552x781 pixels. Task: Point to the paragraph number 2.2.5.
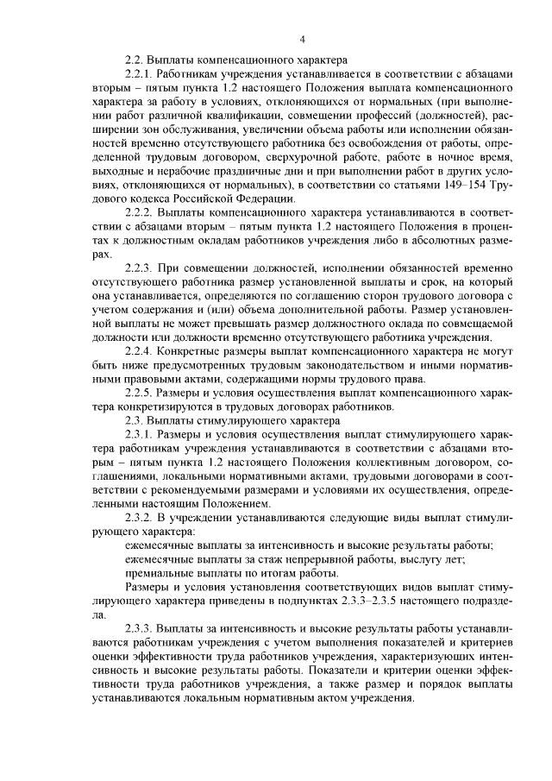140,393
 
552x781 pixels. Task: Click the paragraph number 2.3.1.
140,433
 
